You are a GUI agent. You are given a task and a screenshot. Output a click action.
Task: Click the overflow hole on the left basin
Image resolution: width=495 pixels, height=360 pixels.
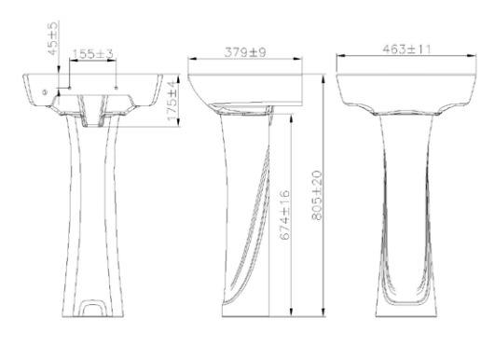pyautogui.click(x=43, y=92)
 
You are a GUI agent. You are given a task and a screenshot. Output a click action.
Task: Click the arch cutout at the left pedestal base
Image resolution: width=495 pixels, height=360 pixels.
pyautogui.click(x=93, y=304)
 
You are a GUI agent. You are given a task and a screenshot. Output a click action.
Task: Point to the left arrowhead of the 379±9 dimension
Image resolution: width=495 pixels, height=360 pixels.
pyautogui.click(x=191, y=61)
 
